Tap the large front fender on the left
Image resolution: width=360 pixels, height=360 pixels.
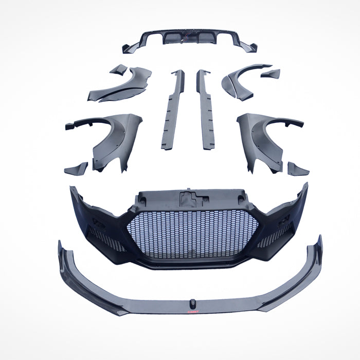point(108,139)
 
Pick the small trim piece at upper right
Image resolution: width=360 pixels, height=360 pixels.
point(271,74)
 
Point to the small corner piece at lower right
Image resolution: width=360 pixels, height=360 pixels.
point(298,169)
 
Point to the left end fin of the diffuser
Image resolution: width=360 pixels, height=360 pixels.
point(127,47)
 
